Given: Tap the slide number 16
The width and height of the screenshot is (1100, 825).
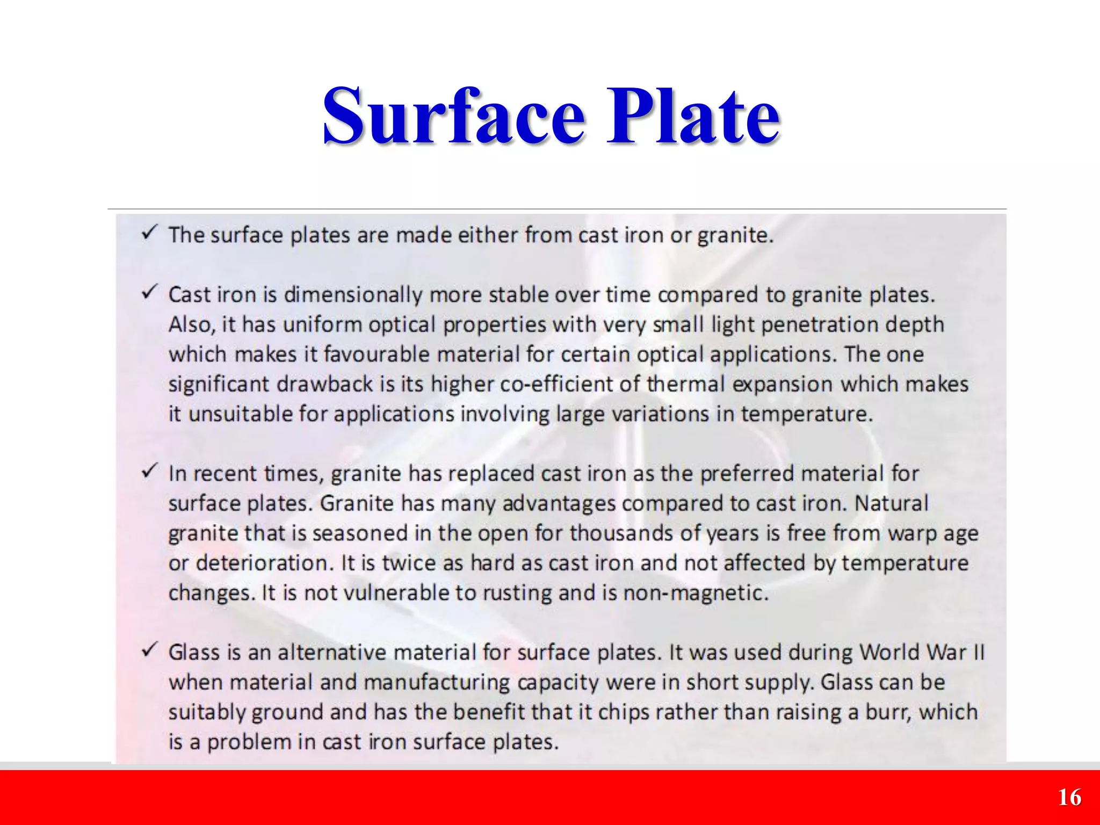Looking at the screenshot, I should (x=1069, y=798).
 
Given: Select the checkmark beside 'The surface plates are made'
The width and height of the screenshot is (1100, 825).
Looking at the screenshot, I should (x=149, y=233).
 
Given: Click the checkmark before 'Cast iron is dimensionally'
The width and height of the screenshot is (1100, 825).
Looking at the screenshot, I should (x=149, y=293).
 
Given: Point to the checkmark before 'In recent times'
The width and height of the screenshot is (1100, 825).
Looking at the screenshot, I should (x=149, y=472).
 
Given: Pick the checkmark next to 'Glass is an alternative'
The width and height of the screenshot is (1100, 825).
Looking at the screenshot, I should (x=149, y=650).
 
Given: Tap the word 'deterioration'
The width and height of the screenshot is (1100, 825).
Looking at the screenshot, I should (x=262, y=563).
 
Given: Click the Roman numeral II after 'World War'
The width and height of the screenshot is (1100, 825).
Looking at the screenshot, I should (x=979, y=653).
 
